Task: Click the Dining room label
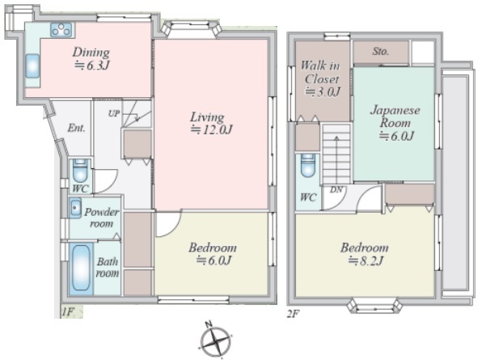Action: pos(91,59)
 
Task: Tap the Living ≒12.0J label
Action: pos(211,123)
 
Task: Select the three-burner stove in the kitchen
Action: pos(61,30)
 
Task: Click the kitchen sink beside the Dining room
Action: pos(32,66)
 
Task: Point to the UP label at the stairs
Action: pos(114,113)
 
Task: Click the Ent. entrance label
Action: pos(76,128)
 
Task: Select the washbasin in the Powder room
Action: pos(75,207)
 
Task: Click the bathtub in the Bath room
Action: pos(81,268)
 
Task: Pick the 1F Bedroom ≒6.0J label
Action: pos(213,254)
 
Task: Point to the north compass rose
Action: pos(215,341)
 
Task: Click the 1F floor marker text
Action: pos(68,311)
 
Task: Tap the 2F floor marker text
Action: pos(293,314)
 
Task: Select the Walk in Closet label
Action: pos(321,78)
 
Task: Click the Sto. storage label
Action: pos(380,51)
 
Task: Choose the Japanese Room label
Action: pos(395,123)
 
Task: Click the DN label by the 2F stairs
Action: pos(336,189)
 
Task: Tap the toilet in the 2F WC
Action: pos(307,165)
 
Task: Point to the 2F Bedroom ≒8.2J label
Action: pos(365,254)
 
